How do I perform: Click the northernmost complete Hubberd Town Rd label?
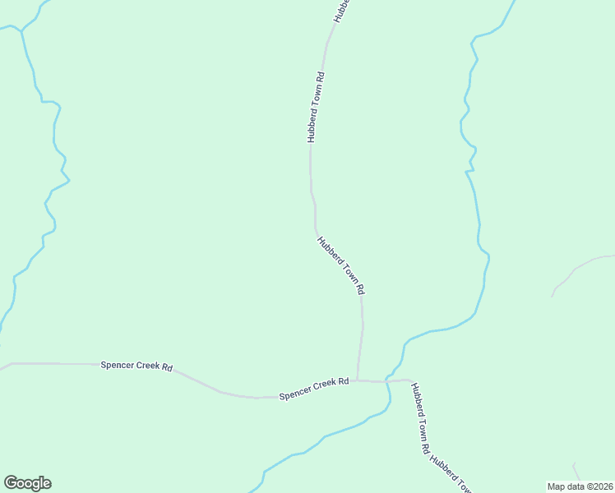pos(317,108)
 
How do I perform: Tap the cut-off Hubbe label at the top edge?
pos(342,11)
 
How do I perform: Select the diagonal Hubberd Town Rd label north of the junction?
pos(340,265)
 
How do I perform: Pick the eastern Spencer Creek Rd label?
pos(314,389)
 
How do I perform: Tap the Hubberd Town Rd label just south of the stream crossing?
pos(421,419)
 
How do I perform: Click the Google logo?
pos(27,483)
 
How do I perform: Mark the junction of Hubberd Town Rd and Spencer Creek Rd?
pos(358,380)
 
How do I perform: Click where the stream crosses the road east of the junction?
pos(388,381)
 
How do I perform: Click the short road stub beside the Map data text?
pos(576,470)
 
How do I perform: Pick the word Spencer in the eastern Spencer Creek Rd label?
pos(295,393)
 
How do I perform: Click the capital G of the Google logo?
pos(11,483)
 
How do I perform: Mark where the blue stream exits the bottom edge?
pos(262,486)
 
